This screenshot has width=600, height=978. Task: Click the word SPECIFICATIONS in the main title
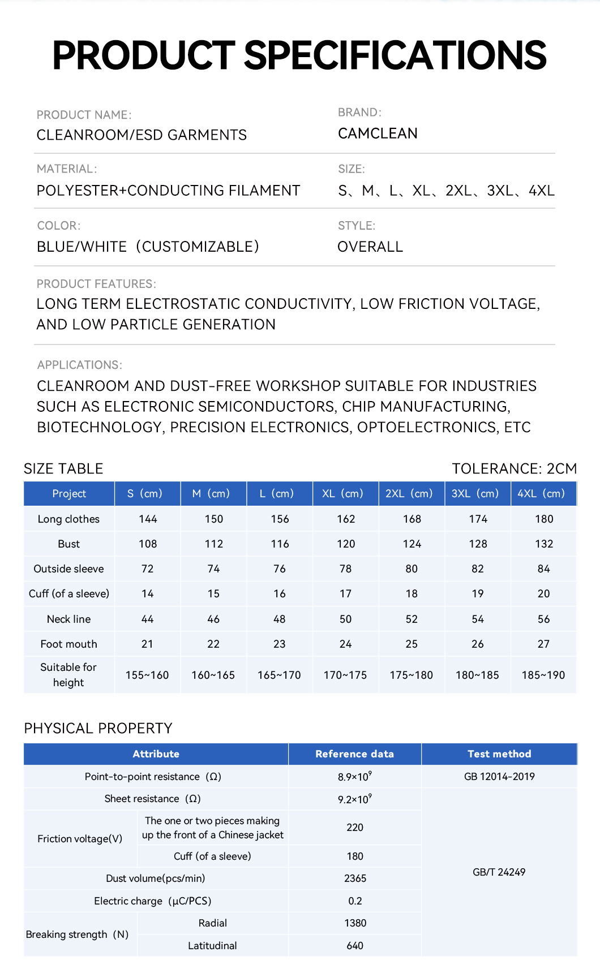pyautogui.click(x=395, y=55)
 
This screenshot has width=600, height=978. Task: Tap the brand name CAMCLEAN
pyautogui.click(x=378, y=133)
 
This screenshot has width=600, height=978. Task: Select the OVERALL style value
pyautogui.click(x=370, y=247)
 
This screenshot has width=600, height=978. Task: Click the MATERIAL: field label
pyautogui.click(x=67, y=169)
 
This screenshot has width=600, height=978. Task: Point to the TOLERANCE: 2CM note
pyautogui.click(x=514, y=468)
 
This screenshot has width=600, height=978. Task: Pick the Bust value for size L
pyautogui.click(x=280, y=544)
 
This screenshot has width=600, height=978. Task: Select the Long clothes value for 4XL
pyautogui.click(x=544, y=519)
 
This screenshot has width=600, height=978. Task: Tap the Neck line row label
pyautogui.click(x=68, y=619)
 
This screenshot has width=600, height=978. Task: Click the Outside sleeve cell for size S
pyautogui.click(x=147, y=568)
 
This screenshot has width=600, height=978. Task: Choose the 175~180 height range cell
pyautogui.click(x=412, y=675)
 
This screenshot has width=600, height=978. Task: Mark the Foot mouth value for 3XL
pyautogui.click(x=478, y=644)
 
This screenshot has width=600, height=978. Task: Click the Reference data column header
pyautogui.click(x=354, y=754)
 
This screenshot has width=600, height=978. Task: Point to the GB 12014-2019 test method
pyautogui.click(x=499, y=777)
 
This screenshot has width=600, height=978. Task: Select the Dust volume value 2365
pyautogui.click(x=355, y=878)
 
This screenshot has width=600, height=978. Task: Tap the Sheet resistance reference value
pyautogui.click(x=355, y=799)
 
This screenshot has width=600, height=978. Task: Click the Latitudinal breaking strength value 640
pyautogui.click(x=355, y=945)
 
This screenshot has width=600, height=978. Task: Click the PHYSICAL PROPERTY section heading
pyautogui.click(x=98, y=728)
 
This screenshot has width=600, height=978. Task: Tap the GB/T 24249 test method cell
pyautogui.click(x=499, y=872)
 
